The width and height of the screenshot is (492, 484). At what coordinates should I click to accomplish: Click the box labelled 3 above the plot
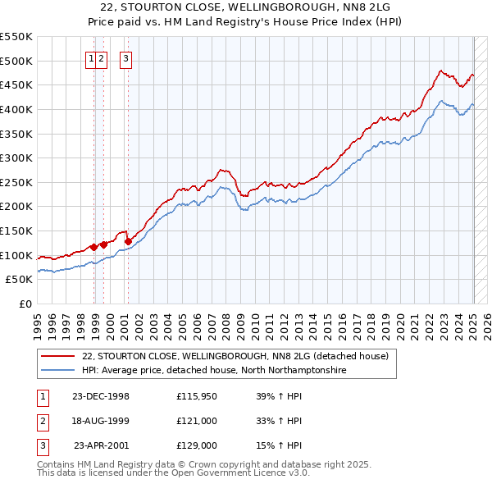(x=126, y=58)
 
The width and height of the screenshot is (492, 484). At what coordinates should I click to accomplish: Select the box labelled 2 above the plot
(x=101, y=58)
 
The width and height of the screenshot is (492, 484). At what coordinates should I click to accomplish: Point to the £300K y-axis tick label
(x=16, y=158)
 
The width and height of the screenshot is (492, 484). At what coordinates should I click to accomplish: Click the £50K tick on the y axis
(x=20, y=279)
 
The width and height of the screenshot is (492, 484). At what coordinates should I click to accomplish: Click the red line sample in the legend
(x=57, y=356)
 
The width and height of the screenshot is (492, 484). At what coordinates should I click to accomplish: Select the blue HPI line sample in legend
(x=57, y=371)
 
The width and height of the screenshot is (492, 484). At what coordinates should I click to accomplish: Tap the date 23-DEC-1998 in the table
(x=101, y=396)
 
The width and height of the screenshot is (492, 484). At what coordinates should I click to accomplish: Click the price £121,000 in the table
(x=196, y=421)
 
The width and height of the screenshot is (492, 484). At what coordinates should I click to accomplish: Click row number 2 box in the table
(x=41, y=421)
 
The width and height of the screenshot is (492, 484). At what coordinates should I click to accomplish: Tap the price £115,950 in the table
(x=196, y=396)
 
